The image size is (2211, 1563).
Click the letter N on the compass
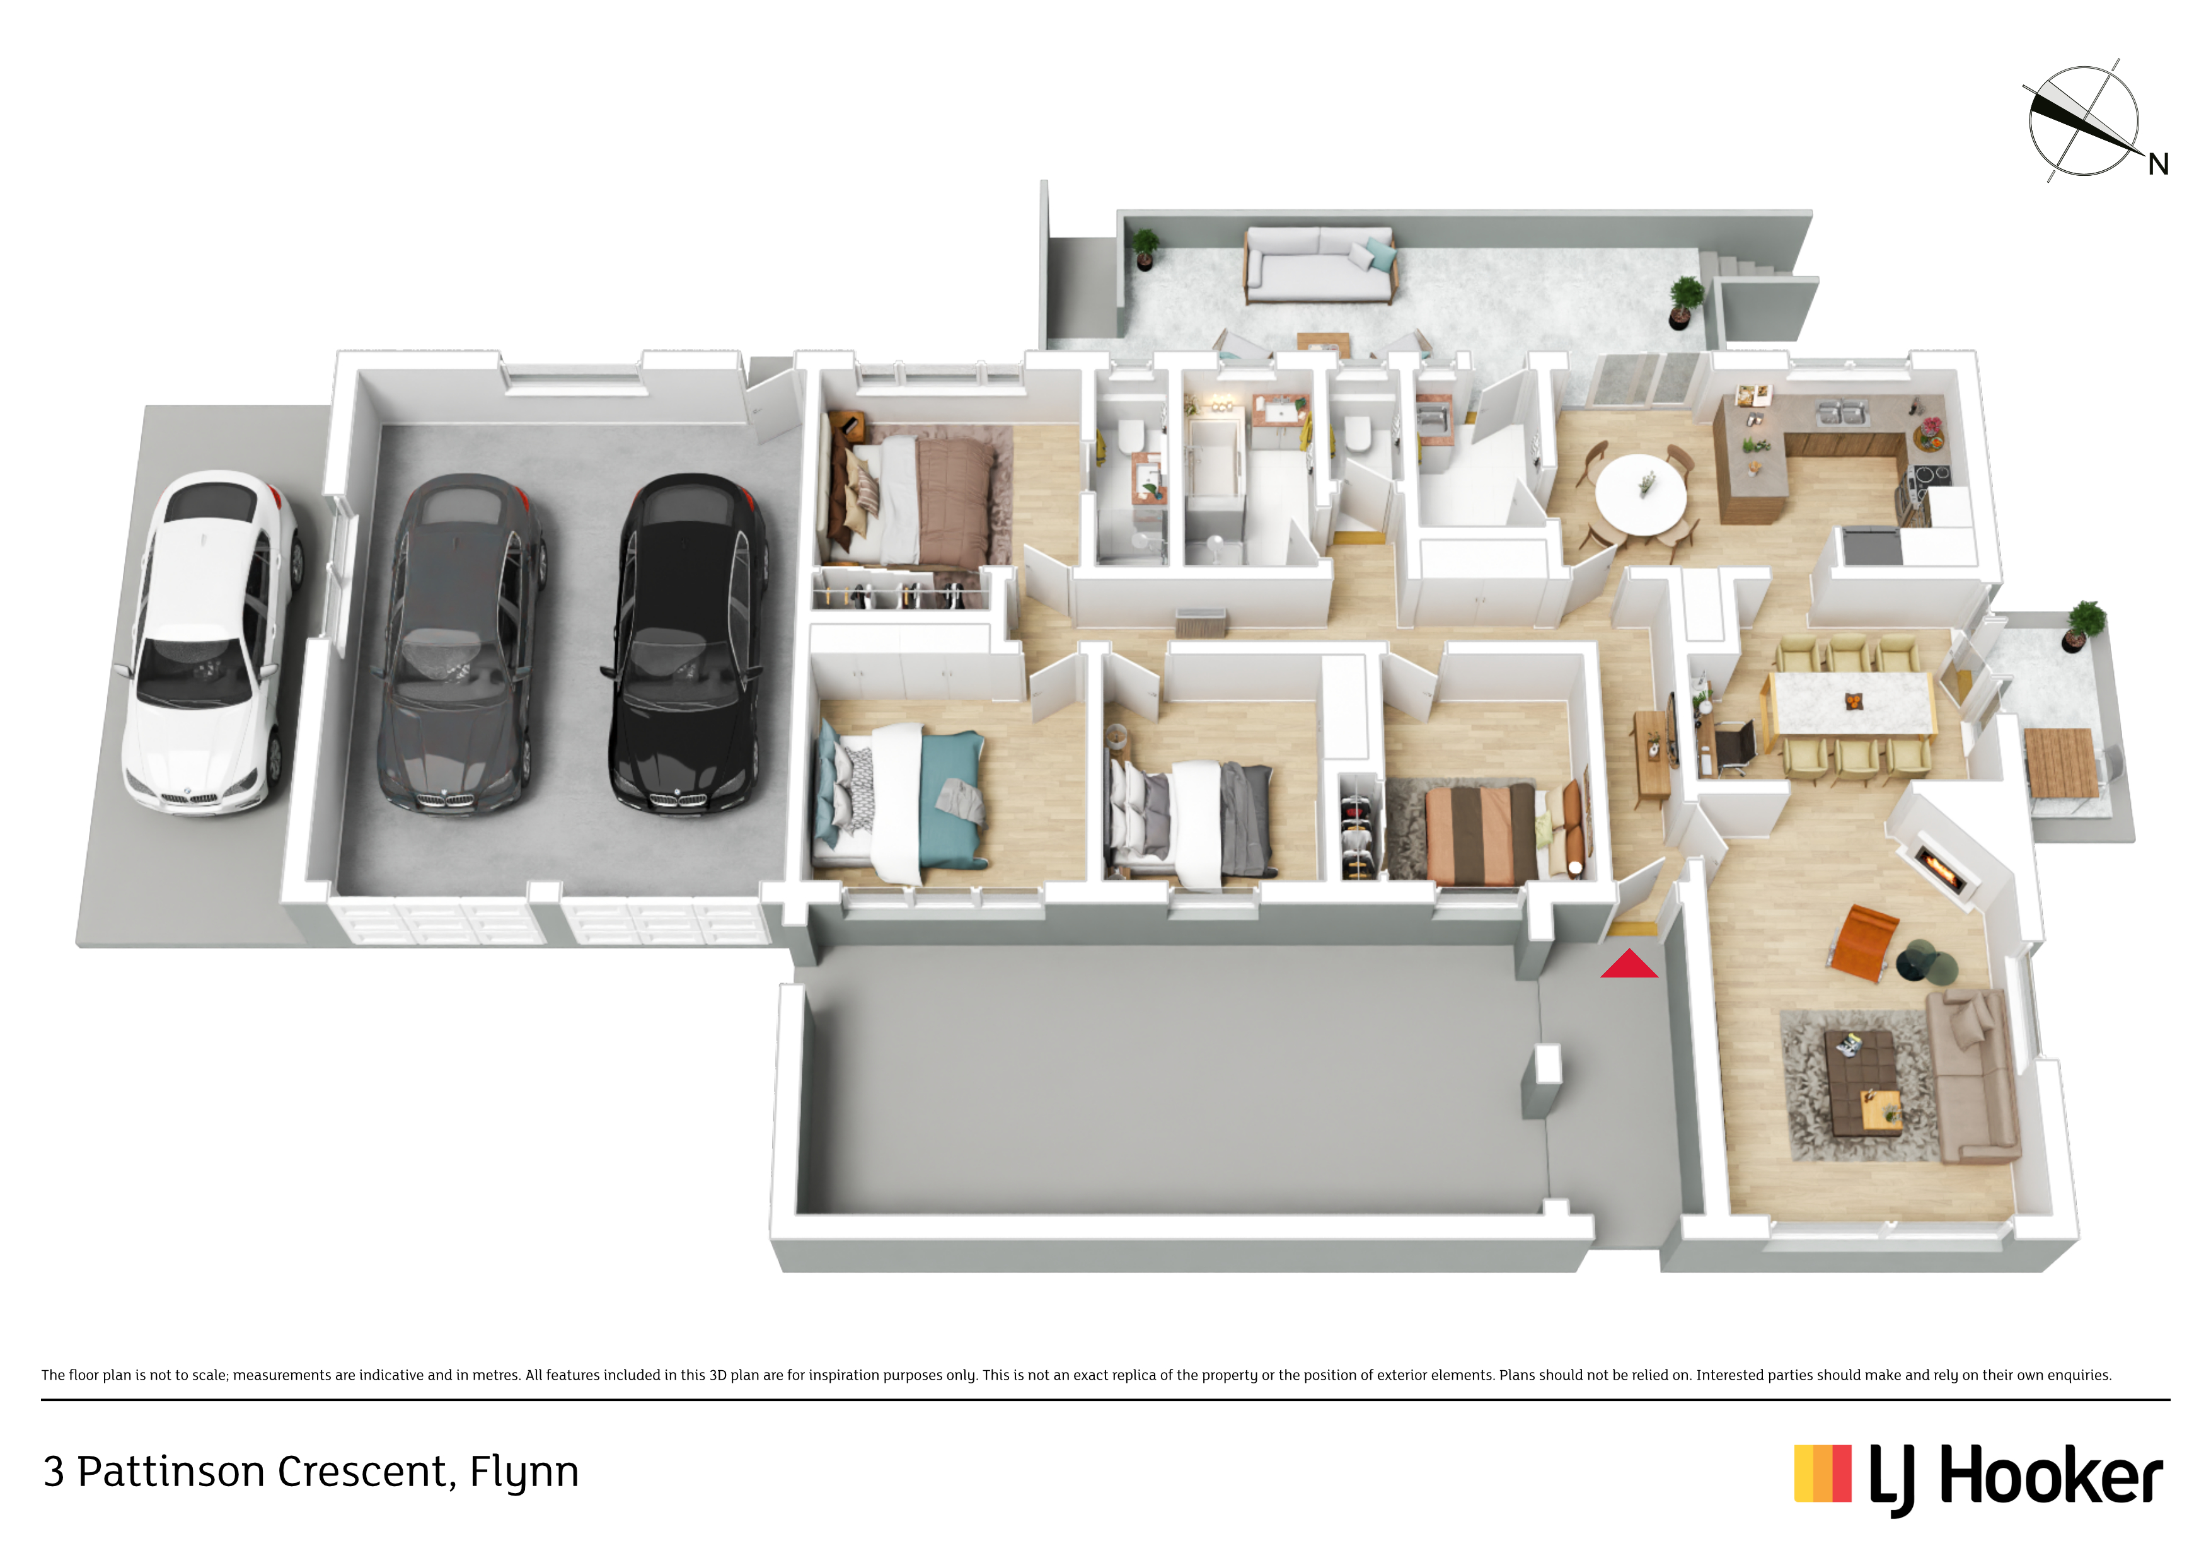point(2158,164)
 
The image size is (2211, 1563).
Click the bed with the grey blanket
point(1192,819)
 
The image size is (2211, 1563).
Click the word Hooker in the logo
point(2051,1476)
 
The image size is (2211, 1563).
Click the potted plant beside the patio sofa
point(1145,246)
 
